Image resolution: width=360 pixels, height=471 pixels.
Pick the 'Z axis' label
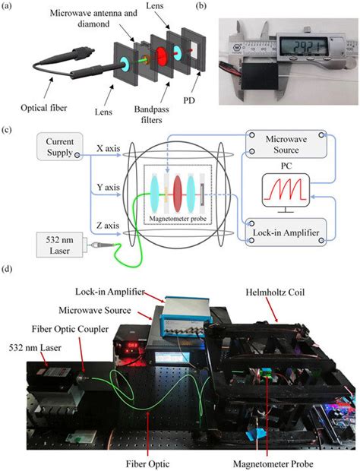[x=112, y=224]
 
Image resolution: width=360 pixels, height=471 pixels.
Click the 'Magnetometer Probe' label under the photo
[x=264, y=459]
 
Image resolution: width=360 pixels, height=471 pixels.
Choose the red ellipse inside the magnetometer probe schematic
[x=176, y=187]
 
